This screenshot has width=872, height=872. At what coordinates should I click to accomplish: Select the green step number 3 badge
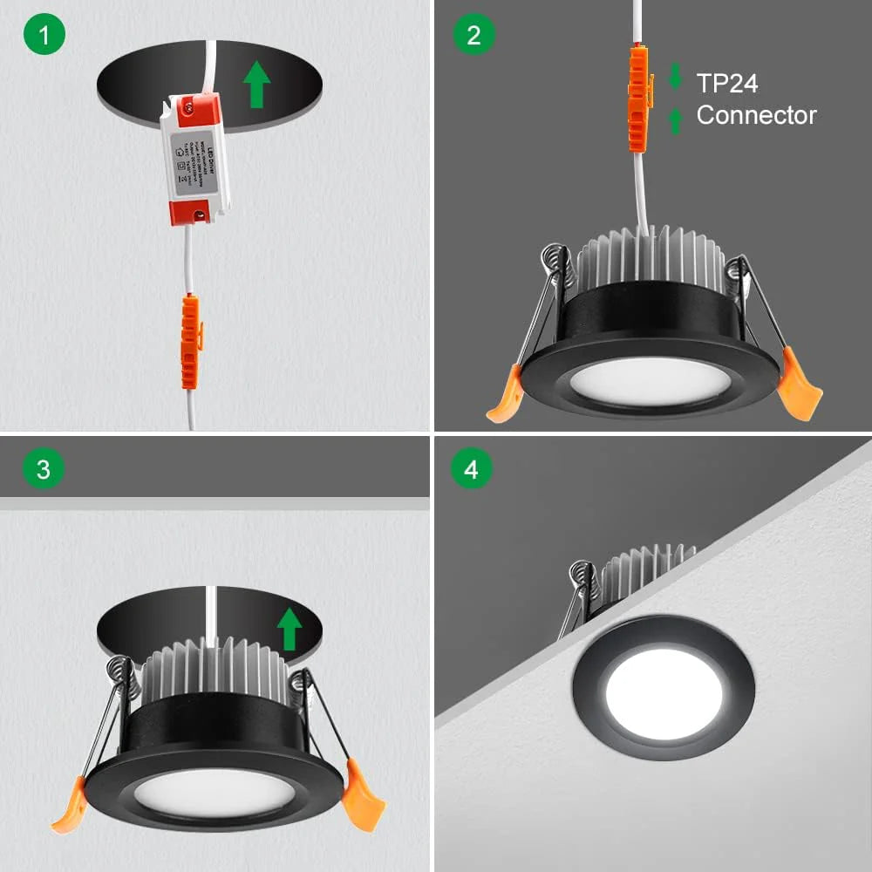tap(44, 470)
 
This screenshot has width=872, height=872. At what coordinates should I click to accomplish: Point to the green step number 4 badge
tap(472, 470)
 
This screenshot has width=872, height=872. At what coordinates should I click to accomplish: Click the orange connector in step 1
tap(189, 341)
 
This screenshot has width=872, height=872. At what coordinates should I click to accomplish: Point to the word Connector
tap(756, 115)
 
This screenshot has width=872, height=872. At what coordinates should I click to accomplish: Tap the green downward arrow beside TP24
tap(675, 76)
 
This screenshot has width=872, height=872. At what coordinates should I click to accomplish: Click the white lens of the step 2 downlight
tap(651, 381)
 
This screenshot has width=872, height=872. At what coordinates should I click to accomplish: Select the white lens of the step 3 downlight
tap(215, 792)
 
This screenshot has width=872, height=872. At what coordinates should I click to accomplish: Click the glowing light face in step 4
tap(664, 692)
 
